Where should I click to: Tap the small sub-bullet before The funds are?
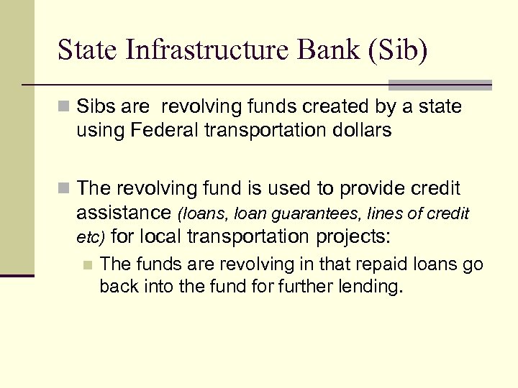pyautogui.click(x=88, y=264)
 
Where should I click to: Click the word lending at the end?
pyautogui.click(x=376, y=287)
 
